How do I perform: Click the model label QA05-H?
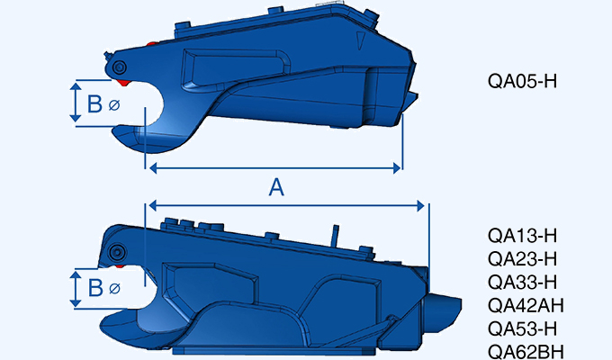click(522, 81)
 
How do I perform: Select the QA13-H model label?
click(522, 236)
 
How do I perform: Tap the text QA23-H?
click(522, 259)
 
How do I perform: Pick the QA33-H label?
click(522, 282)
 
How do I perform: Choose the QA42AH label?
click(526, 305)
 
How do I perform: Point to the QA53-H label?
click(522, 328)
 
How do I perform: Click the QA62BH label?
click(526, 351)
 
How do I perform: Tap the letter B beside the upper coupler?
click(94, 104)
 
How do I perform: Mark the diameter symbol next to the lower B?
click(113, 291)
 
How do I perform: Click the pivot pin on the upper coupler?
click(120, 67)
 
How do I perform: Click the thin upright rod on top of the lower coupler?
click(336, 235)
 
